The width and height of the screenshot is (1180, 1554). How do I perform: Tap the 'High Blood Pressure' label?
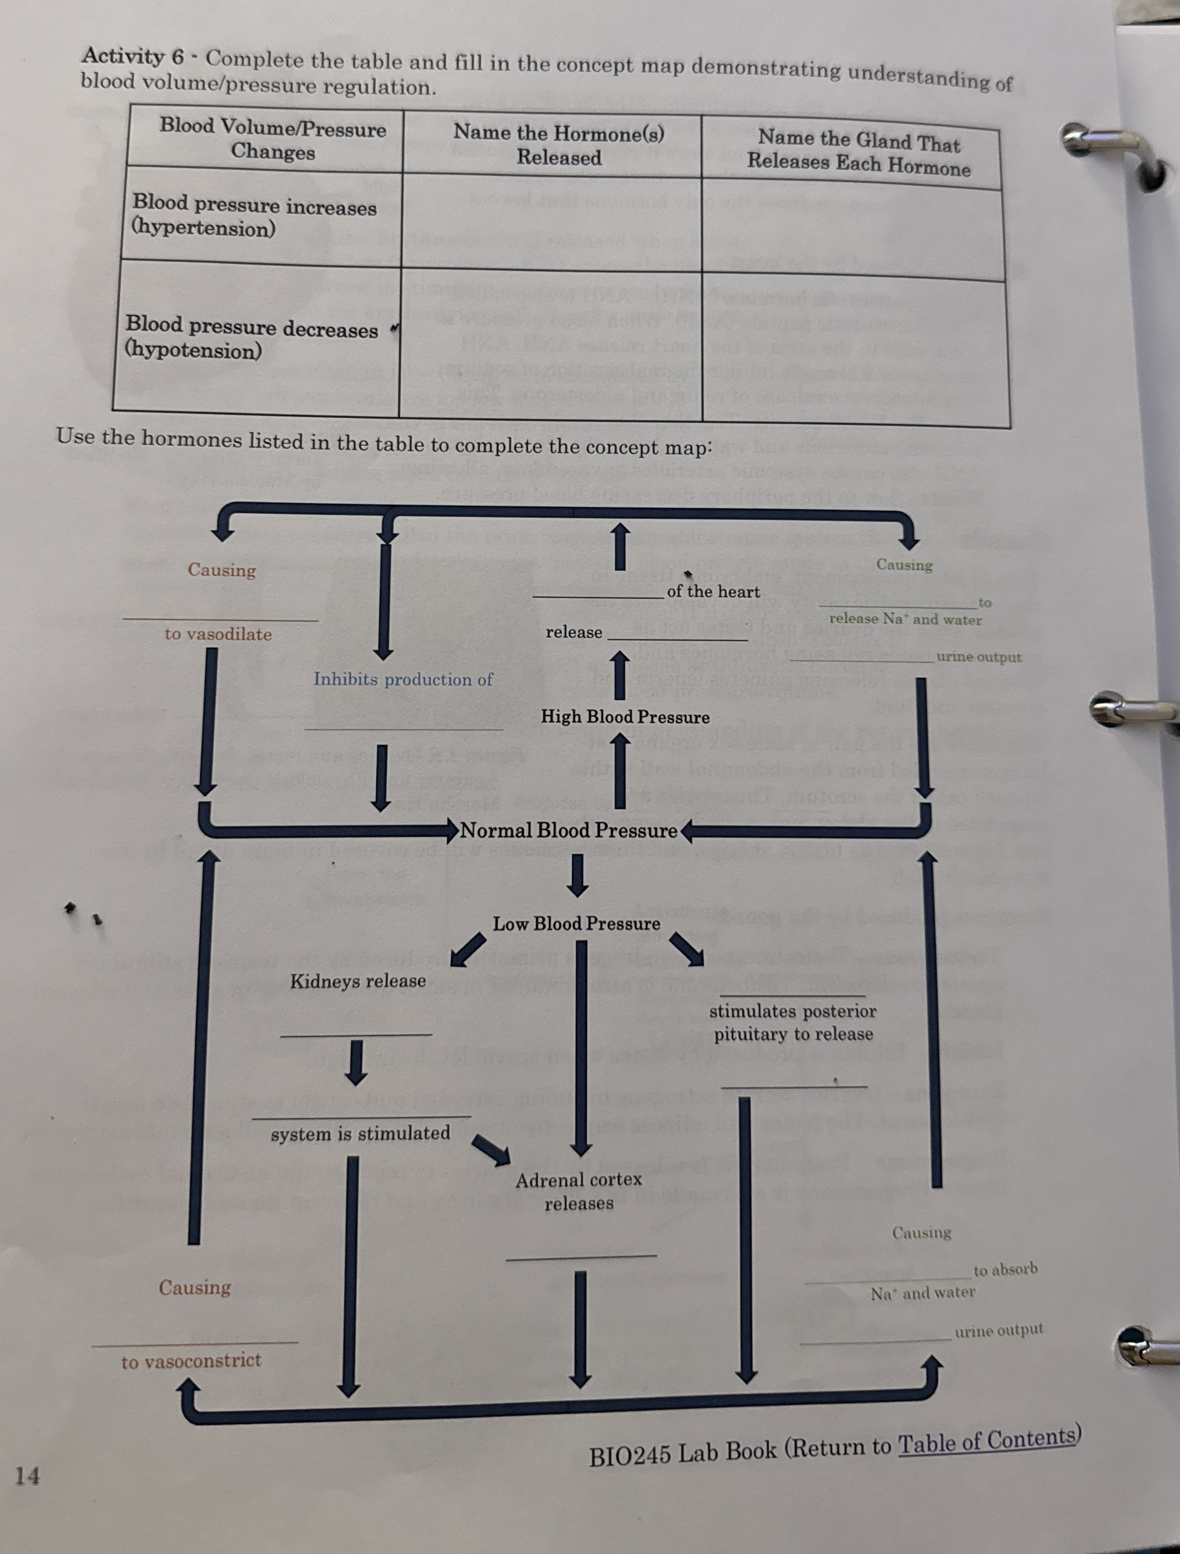[x=625, y=716]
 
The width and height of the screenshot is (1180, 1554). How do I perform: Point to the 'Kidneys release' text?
[x=358, y=981]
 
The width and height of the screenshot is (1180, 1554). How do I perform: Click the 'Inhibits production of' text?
[x=403, y=679]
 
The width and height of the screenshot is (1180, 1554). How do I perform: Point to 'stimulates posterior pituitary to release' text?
[x=793, y=1022]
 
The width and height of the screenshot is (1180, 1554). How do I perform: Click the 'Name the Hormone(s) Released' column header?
[x=559, y=145]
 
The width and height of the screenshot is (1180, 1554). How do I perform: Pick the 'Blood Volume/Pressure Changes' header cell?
[x=273, y=139]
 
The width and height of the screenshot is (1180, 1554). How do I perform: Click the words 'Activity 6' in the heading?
[x=133, y=56]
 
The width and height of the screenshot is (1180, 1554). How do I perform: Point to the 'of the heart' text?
[x=713, y=591]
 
